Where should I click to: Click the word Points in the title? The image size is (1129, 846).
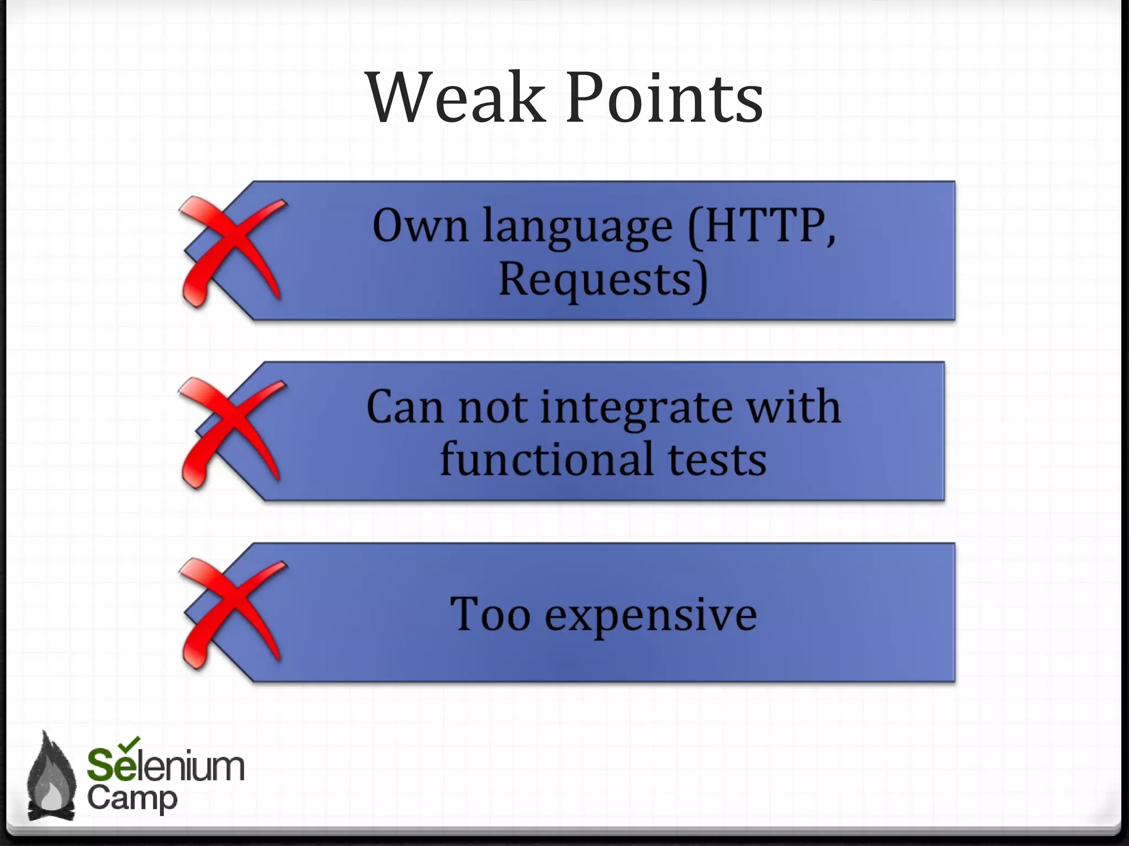[664, 98]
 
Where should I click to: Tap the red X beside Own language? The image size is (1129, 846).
[232, 251]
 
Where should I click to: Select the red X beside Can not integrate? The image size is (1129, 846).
[232, 432]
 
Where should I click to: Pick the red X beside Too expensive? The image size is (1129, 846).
[232, 613]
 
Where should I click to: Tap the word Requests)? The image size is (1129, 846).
[603, 280]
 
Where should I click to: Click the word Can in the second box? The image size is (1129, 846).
[405, 408]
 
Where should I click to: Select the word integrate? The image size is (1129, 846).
[637, 409]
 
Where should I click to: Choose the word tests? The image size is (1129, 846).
[717, 460]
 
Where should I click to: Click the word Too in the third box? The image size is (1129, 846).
[490, 614]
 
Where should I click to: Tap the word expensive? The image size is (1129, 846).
[650, 616]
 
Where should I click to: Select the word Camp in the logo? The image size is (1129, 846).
[132, 799]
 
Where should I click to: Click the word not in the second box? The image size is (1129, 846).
[492, 408]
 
